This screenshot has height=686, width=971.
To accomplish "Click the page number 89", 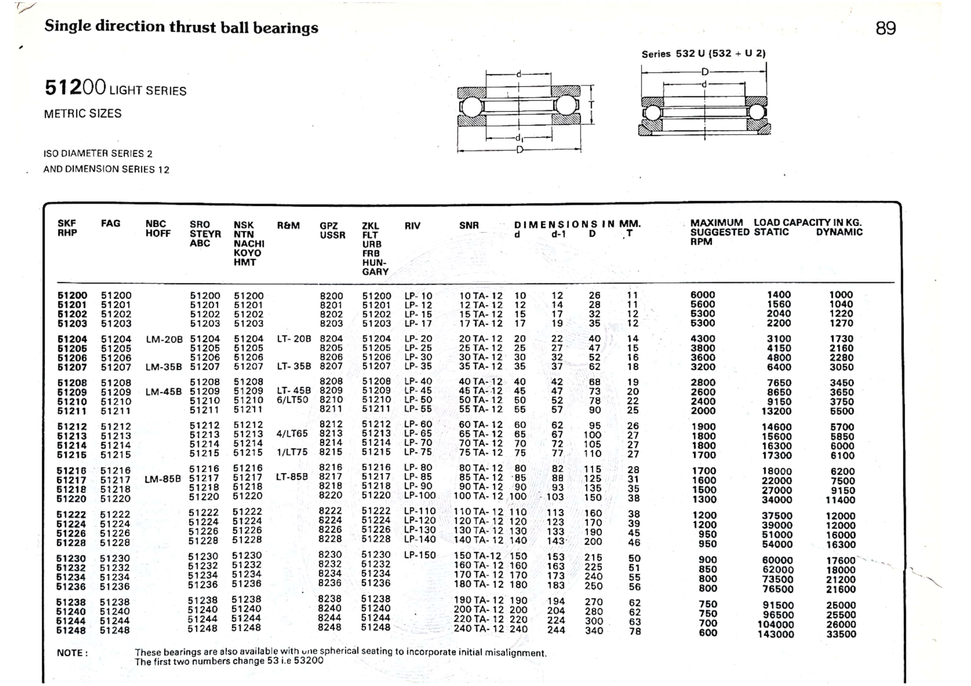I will coord(886,28).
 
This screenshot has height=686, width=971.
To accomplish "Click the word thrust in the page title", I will coord(192,27).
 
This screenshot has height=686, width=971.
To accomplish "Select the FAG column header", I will coord(111,224).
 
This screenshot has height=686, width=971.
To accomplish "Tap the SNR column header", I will coord(469,226).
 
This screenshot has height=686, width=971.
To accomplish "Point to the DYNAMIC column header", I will coord(839,232).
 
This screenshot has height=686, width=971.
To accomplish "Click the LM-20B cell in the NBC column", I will coord(164,340).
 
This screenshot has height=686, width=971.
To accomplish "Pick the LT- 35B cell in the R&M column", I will coord(294,366).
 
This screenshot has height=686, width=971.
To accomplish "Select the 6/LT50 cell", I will coord(292,400).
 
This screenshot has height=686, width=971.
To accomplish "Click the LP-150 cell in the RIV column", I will coord(420,555).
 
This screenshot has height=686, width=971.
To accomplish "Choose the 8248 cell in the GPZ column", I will coord(330,627).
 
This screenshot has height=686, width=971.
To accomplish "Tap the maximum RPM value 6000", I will coord(703,295).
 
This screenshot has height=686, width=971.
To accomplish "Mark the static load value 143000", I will coord(776,634).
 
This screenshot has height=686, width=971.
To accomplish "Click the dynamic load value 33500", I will coord(841,634).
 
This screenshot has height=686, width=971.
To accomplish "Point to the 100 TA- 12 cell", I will coord(478,496).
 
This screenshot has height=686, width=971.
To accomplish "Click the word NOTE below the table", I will coord(72,653).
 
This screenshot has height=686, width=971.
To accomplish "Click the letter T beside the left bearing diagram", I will coord(591,105).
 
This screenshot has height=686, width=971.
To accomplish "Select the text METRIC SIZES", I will coord(83,114).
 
